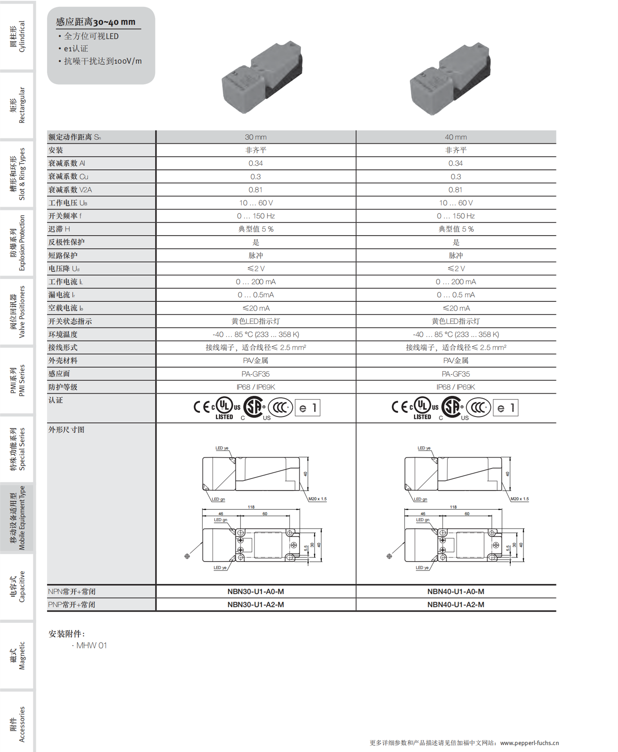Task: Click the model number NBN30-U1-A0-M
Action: click(256, 591)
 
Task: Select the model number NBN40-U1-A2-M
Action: click(455, 604)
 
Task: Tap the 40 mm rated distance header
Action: click(455, 137)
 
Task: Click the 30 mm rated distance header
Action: click(256, 137)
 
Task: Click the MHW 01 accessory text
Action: click(91, 645)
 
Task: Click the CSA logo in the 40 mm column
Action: click(452, 407)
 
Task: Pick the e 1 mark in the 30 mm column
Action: click(308, 408)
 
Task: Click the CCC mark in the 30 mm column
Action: click(280, 407)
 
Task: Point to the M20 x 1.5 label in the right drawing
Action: click(519, 499)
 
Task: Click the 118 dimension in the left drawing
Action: click(251, 507)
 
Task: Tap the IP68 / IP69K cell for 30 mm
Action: click(256, 387)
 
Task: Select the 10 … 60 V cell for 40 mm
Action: click(455, 203)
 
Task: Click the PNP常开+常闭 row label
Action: click(72, 604)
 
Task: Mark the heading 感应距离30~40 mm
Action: click(96, 22)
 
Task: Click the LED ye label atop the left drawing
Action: click(222, 448)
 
